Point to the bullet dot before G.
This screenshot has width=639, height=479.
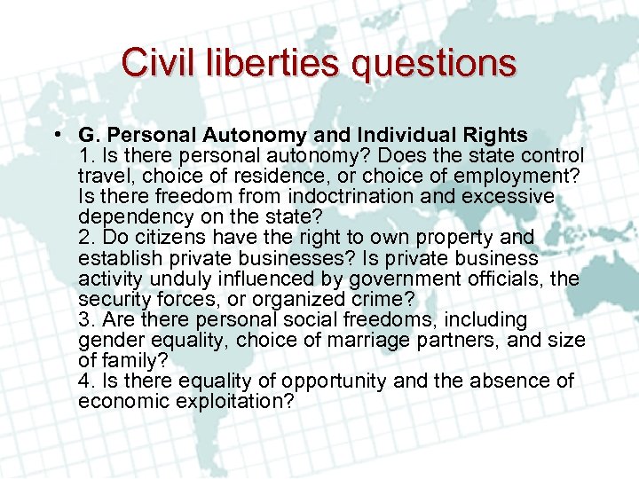pos(56,135)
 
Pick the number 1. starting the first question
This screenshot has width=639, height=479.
pos(86,155)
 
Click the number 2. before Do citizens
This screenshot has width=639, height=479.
pos(86,237)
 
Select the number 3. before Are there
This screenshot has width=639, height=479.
pos(86,319)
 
